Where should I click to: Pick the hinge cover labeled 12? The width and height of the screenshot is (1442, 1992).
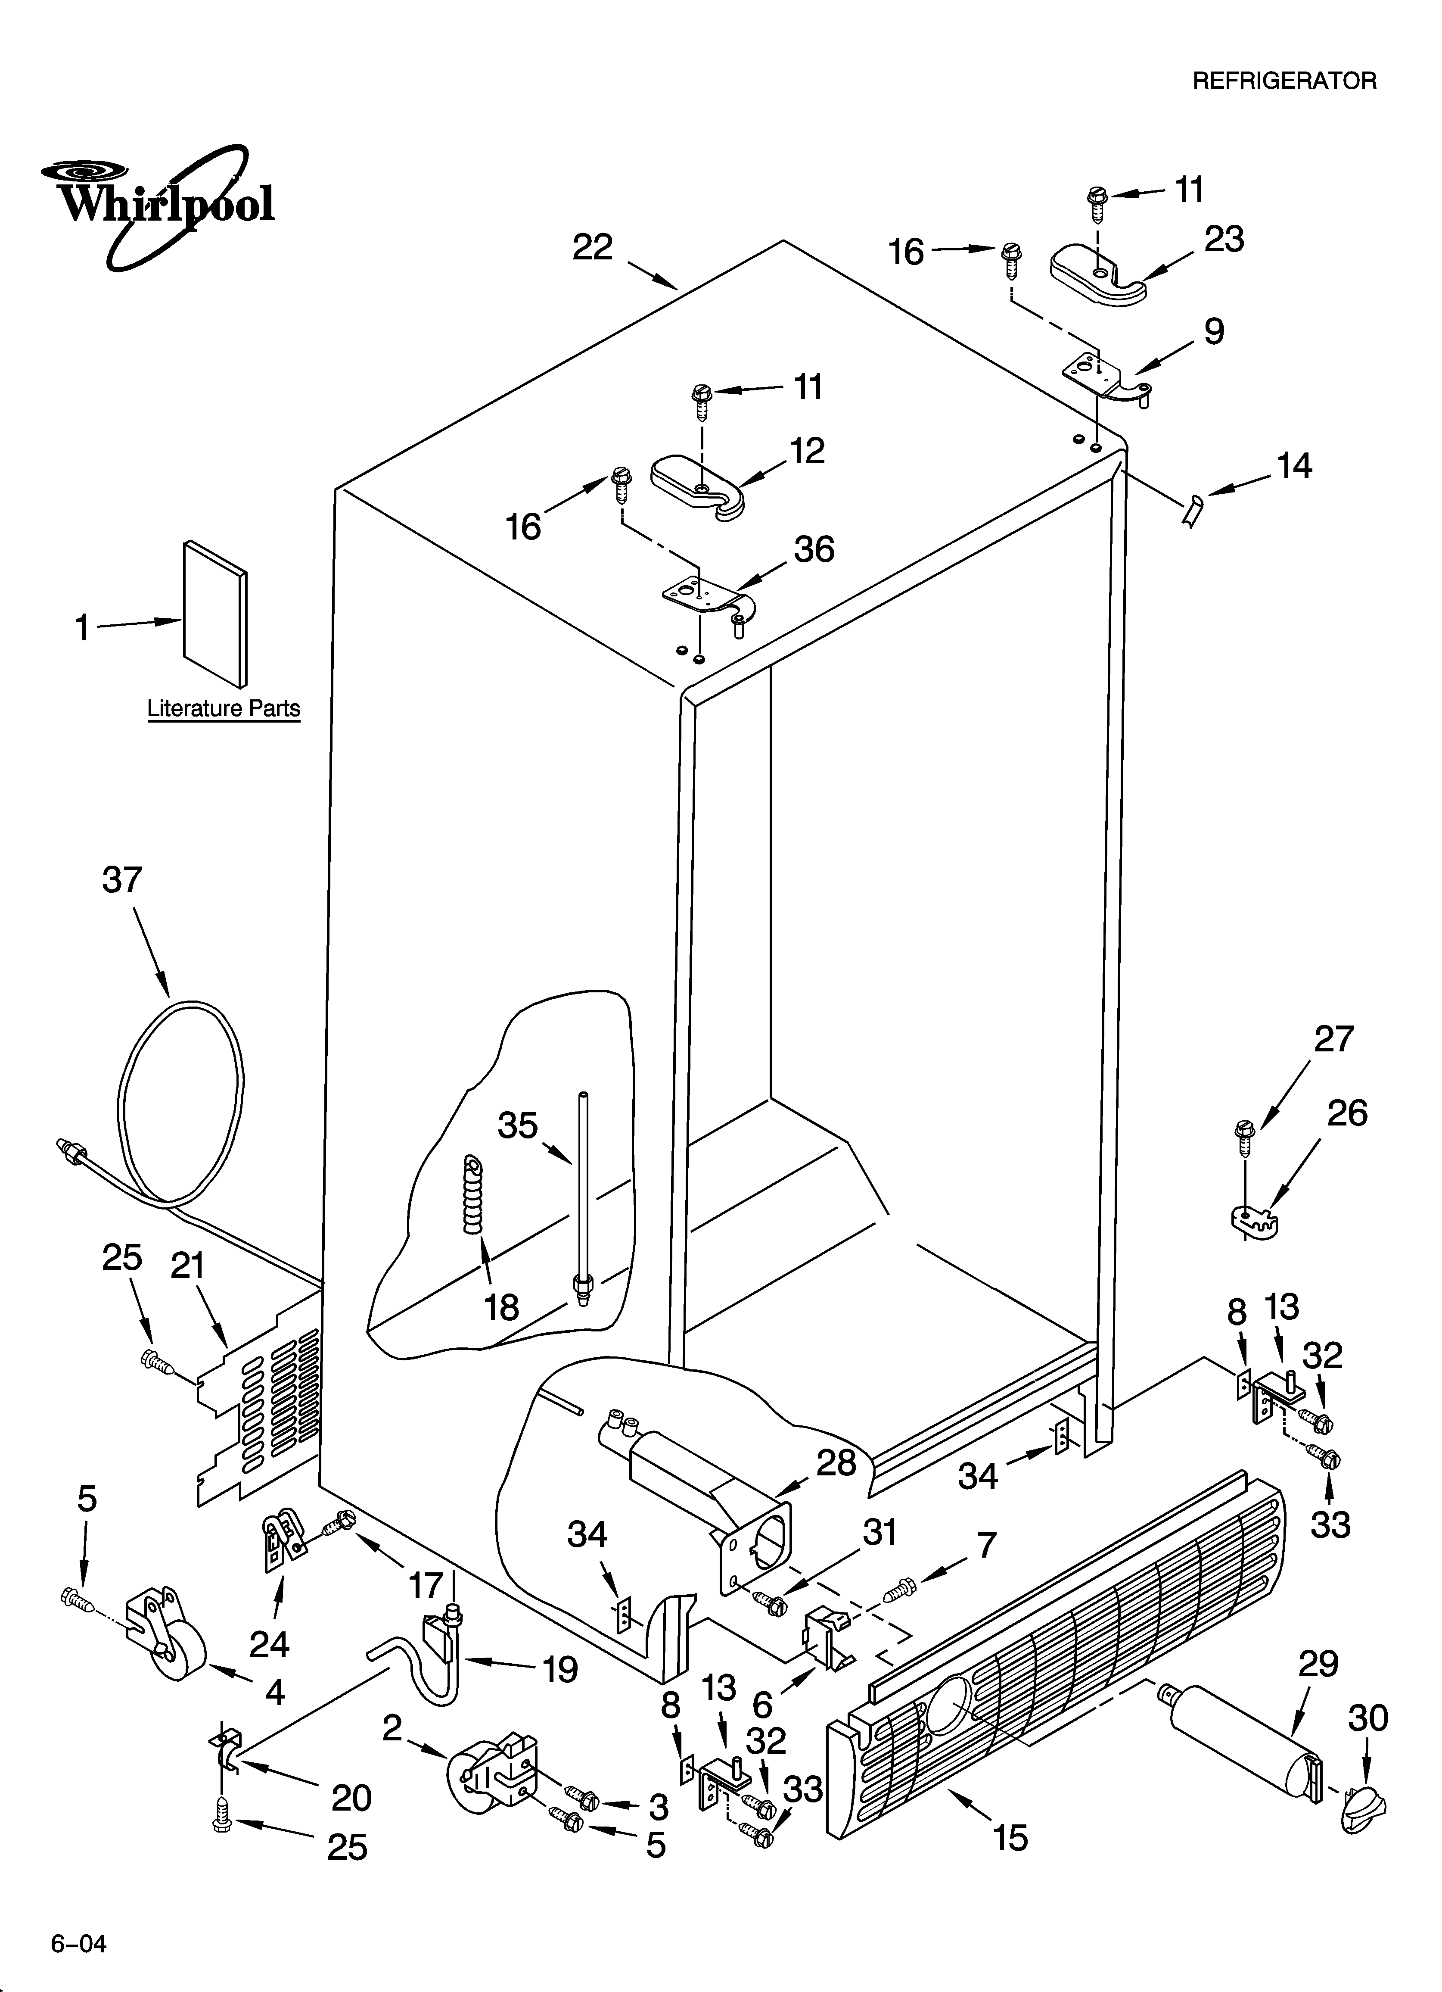pos(698,486)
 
